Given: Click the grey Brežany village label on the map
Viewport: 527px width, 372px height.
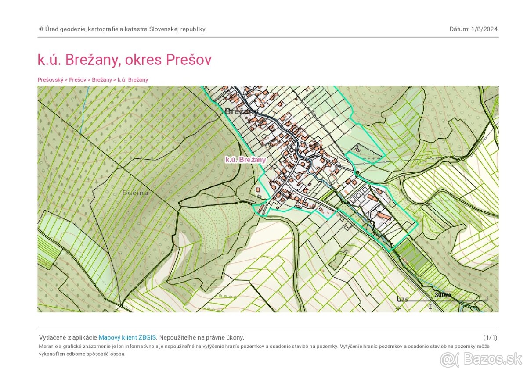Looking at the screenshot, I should [x=241, y=111].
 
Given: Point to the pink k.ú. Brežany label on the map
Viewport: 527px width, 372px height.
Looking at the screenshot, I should [x=245, y=160].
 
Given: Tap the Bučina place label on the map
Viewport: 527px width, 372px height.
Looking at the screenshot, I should [x=135, y=193].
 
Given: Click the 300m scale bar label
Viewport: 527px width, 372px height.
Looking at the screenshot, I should [x=443, y=295].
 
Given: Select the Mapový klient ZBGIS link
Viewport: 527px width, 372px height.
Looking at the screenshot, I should [x=127, y=337].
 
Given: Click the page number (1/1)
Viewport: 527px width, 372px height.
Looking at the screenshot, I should [x=490, y=337].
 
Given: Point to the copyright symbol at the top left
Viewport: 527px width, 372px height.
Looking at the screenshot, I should [x=41, y=29].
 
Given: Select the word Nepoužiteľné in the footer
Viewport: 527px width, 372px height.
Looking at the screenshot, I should [x=178, y=337].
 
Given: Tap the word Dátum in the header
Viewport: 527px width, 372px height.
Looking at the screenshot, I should [x=459, y=29].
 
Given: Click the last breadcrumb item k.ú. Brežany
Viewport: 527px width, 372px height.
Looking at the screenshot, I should [x=133, y=80].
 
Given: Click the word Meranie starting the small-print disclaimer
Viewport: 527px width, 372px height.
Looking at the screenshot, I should [x=48, y=346].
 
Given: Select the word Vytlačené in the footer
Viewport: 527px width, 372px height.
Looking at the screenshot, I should [x=52, y=337].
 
